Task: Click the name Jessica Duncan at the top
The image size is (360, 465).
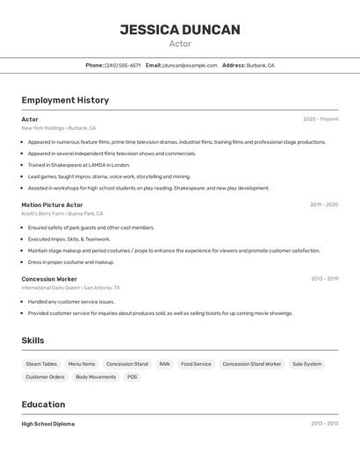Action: [x=180, y=30]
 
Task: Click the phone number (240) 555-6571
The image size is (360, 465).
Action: [x=122, y=65]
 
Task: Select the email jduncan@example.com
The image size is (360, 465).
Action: [x=190, y=65]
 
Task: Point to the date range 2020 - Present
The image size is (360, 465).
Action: [x=320, y=119]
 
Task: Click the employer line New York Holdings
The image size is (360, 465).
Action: [x=59, y=128]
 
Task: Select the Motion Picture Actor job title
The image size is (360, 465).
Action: [x=53, y=204]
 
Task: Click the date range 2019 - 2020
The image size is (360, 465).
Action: [x=323, y=204]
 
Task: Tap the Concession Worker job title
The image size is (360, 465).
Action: [x=49, y=279]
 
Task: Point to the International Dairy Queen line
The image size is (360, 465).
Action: [x=70, y=288]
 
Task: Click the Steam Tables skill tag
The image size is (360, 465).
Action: [x=41, y=363]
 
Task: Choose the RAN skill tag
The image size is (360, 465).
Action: [x=164, y=363]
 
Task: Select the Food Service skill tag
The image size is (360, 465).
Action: [x=196, y=363]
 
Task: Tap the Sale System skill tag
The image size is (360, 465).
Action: [x=306, y=363]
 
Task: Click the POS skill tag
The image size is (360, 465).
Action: [x=132, y=376]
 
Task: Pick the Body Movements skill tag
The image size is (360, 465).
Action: [x=96, y=376]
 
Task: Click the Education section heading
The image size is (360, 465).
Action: [x=43, y=404]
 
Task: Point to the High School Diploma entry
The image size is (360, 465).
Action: [x=48, y=424]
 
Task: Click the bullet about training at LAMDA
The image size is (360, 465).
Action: [x=78, y=165]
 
